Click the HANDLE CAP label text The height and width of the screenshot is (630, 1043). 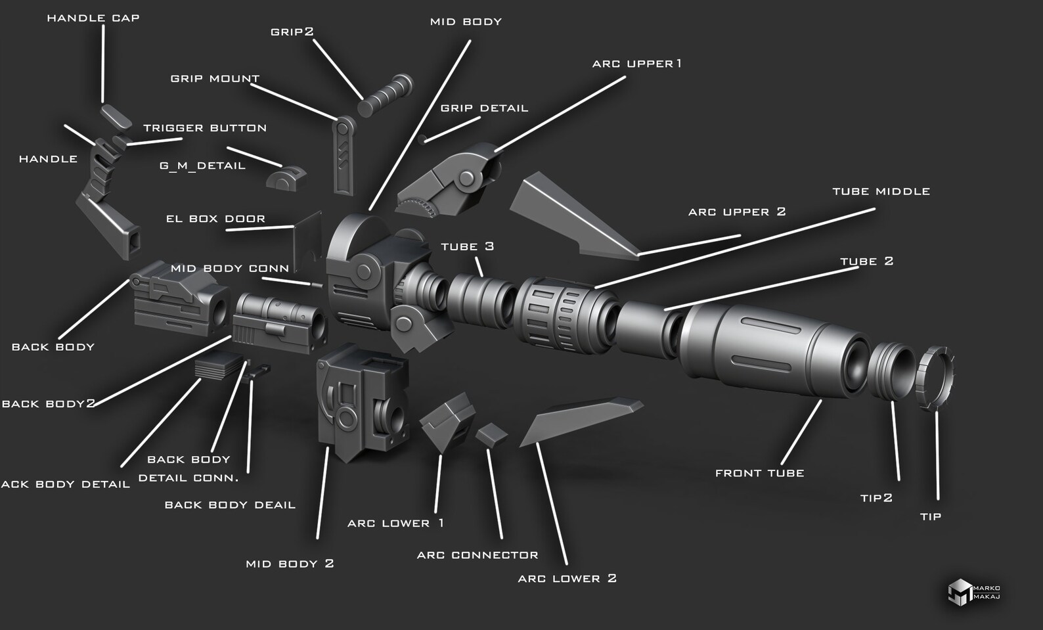coord(93,18)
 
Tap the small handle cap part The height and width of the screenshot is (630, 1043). coord(116,117)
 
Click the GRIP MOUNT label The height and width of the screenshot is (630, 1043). coord(215,79)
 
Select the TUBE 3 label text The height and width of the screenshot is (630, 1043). coord(467,247)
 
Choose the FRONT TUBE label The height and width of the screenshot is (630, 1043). coord(759,473)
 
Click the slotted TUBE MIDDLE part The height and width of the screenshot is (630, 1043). coord(565,314)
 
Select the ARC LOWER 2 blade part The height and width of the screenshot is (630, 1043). coord(578,420)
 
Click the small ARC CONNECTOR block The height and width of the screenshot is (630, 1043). coord(491,434)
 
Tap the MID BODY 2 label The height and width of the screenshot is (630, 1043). coord(290,564)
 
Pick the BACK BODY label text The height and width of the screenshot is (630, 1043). coord(53,347)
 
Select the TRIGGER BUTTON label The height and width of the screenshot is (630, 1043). coord(205,128)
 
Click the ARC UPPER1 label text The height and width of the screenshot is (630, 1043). coord(636,64)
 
